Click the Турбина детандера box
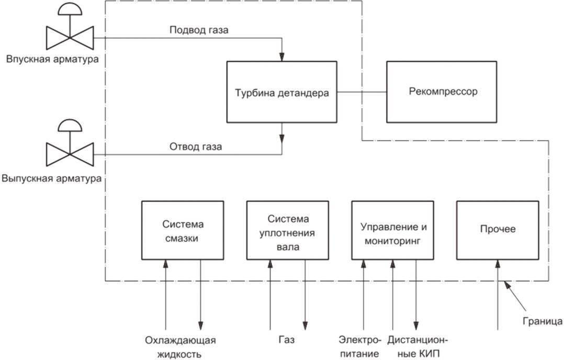tap(281, 92)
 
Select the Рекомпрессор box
tap(442, 92)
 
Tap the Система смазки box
tap(183, 230)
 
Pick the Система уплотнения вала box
tap(288, 230)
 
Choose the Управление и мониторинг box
tap(393, 230)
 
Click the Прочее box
tap(498, 230)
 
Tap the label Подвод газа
tap(199, 30)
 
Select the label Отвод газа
tap(196, 147)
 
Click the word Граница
tap(543, 321)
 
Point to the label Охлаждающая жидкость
tap(180, 347)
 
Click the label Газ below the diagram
tap(287, 340)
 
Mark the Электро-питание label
tap(360, 347)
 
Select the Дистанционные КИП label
tap(418, 347)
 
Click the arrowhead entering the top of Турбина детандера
tap(282, 57)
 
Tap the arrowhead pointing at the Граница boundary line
tap(507, 285)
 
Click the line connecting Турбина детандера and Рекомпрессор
tap(362, 92)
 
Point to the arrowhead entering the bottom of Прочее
tap(498, 264)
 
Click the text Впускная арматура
tap(52, 59)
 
